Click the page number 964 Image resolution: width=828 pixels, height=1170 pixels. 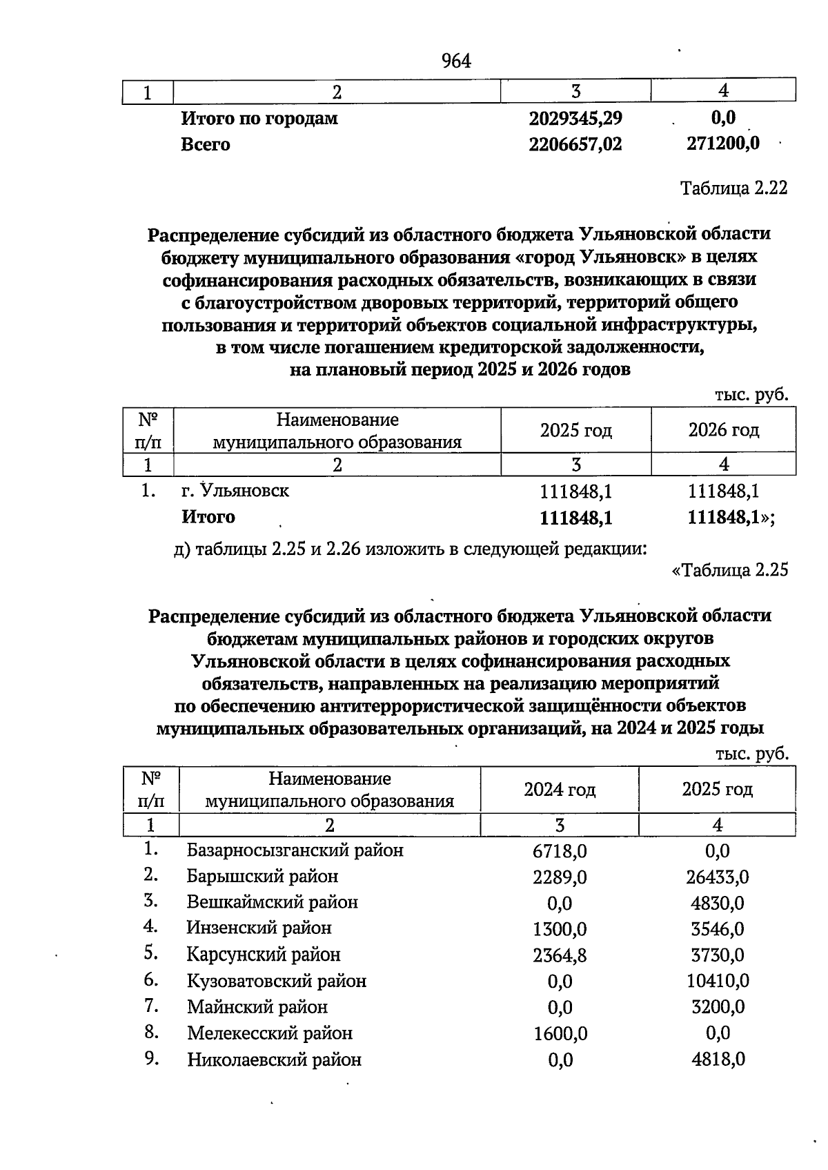coord(456,61)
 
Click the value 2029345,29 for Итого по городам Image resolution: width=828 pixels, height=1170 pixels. coord(575,118)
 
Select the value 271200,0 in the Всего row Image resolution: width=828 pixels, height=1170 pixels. coord(722,144)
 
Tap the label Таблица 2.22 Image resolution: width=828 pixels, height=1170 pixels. coord(733,188)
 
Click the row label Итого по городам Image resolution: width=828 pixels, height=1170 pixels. coord(259,118)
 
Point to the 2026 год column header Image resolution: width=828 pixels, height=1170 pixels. coord(723,431)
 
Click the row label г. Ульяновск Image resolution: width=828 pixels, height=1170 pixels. coord(235,491)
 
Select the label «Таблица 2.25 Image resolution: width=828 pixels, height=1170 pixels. coord(729,570)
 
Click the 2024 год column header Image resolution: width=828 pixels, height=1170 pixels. coord(560,789)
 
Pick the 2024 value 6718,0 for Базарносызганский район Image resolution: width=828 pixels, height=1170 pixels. coord(560,851)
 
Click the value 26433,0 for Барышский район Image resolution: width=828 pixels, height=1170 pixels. coord(717,877)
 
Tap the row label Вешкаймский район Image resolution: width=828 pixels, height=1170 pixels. coord(272,902)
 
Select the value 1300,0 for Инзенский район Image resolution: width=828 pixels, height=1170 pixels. coord(560,929)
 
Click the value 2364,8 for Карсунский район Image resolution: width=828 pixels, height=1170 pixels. coord(560,955)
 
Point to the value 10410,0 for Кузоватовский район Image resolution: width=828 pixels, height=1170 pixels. coord(717,981)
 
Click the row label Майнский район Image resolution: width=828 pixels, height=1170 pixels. coord(257,1007)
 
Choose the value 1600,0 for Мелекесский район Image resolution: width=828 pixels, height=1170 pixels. coord(560,1033)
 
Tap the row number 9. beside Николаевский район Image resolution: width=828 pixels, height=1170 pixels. coord(152,1058)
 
